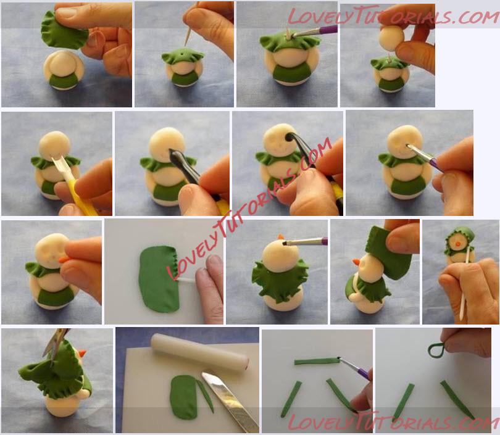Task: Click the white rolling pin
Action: (200, 352)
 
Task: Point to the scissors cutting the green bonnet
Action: (55, 346)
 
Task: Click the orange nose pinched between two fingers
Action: (64, 260)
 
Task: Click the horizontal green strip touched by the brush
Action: (316, 362)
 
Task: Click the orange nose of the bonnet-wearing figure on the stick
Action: (457, 244)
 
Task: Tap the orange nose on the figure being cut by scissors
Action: (82, 353)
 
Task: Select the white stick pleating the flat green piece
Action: (186, 281)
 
